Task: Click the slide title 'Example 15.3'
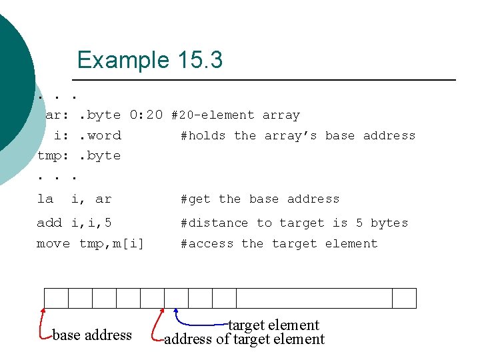[x=149, y=60]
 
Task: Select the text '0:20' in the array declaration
[x=146, y=115]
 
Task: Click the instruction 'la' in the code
[x=45, y=199]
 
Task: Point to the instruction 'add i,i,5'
[x=74, y=223]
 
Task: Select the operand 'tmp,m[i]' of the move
[x=111, y=243]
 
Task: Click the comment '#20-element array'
[x=235, y=115]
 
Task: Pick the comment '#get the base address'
[x=260, y=199]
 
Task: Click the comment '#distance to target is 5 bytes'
[x=294, y=223]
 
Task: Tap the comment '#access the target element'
[x=279, y=243]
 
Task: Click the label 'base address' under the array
[x=92, y=335]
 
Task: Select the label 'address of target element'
[x=244, y=339]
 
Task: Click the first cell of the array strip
[x=56, y=298]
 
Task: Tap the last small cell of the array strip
[x=404, y=298]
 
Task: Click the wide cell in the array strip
[x=314, y=298]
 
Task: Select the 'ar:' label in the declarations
[x=57, y=115]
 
